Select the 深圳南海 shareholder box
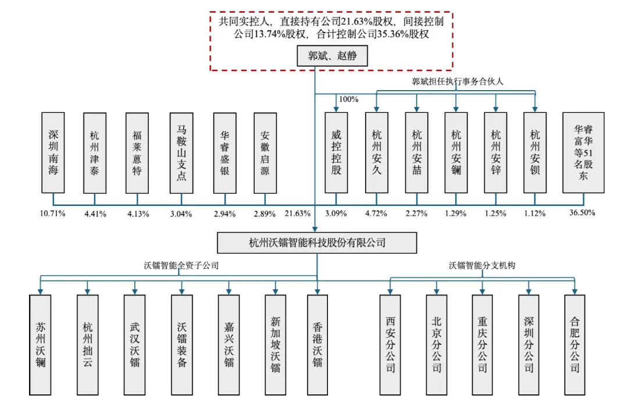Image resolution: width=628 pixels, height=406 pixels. point(53,153)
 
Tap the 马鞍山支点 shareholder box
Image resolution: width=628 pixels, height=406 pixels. point(181,153)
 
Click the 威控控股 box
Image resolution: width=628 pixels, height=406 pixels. point(336,153)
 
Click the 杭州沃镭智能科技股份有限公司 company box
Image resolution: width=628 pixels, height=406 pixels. point(317,243)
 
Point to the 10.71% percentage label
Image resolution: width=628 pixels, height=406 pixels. point(53,213)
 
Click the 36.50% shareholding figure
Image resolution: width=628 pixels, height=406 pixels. point(582,213)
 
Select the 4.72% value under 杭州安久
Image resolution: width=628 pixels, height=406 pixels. point(376,213)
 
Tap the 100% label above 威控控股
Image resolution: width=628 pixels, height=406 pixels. point(348,99)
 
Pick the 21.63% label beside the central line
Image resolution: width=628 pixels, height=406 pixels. point(297,213)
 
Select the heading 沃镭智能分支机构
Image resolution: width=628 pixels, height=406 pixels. point(482,265)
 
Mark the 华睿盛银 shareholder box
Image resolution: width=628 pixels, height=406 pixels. point(224,153)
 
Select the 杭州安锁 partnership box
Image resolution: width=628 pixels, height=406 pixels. point(535,153)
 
